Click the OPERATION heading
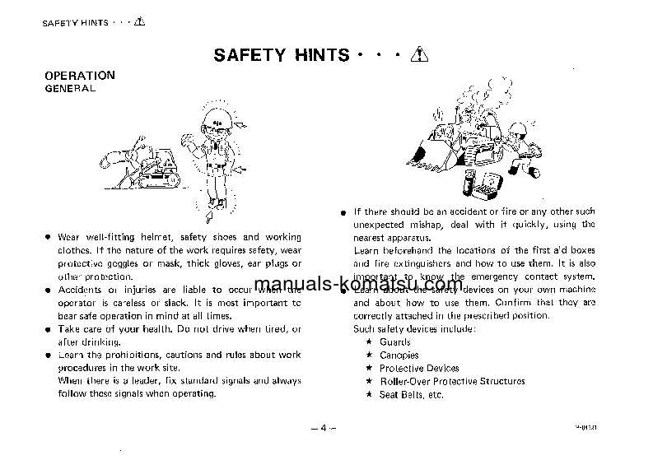tap(79, 75)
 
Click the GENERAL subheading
tap(69, 86)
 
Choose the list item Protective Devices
tap(419, 369)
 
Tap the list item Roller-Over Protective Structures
tap(452, 382)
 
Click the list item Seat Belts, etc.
tap(411, 395)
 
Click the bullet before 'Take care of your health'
tap(49, 329)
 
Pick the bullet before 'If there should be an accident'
tap(344, 212)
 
